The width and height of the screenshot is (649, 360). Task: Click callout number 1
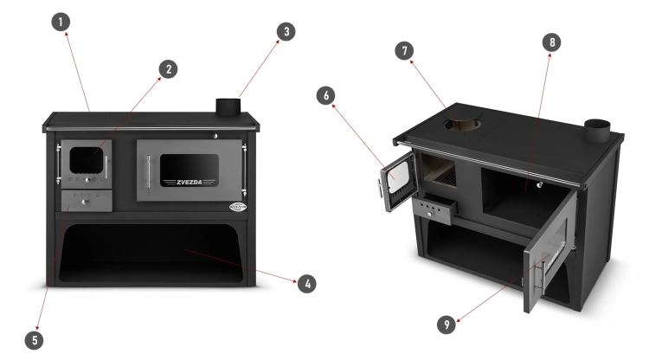click(x=61, y=22)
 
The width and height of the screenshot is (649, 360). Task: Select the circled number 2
click(x=169, y=69)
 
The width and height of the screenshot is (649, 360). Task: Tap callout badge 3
click(x=286, y=31)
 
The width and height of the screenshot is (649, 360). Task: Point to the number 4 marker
click(x=307, y=284)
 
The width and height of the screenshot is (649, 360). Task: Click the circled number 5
click(x=35, y=340)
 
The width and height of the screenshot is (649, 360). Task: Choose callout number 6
click(x=325, y=95)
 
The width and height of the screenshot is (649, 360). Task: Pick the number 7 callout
click(x=404, y=51)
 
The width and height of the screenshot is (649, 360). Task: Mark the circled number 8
click(x=552, y=42)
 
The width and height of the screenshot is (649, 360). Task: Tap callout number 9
click(x=447, y=325)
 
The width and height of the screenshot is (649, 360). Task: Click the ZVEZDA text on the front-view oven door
click(x=190, y=182)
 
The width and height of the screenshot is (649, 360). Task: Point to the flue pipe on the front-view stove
click(x=228, y=106)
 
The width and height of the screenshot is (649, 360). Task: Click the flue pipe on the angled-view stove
click(x=597, y=130)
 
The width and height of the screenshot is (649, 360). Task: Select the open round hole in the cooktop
click(x=464, y=124)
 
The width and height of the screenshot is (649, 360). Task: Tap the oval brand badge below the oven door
click(x=238, y=207)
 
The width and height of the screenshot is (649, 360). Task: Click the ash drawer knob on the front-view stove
click(x=85, y=202)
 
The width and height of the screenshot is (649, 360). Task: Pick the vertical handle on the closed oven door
click(x=149, y=171)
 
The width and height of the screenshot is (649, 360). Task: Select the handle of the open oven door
click(x=540, y=279)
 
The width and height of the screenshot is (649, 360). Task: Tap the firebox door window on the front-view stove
click(x=87, y=160)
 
